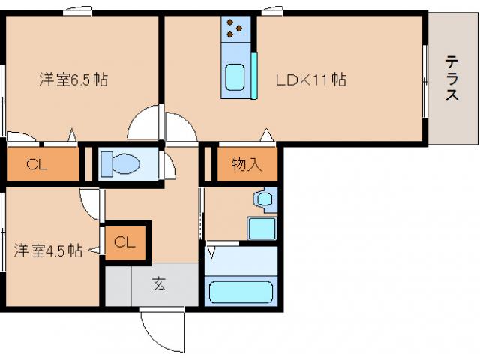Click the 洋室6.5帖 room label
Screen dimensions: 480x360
coord(73,79)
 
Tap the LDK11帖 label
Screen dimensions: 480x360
coord(311,79)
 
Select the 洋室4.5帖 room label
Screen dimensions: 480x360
coord(48,250)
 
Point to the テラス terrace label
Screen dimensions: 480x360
coord(451,78)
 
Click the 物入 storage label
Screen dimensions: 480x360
coord(247,164)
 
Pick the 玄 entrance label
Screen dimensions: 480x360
coord(159,283)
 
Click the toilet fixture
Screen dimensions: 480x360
coord(120,164)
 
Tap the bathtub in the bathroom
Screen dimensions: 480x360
coord(241,292)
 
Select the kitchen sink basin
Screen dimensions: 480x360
coord(235,77)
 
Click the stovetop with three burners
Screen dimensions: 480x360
coord(235,29)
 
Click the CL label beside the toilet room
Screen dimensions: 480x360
coord(37,164)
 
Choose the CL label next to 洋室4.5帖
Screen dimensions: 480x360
coord(124,242)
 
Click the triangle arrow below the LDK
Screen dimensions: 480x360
coord(267,135)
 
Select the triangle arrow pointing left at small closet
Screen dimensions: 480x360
coord(94,250)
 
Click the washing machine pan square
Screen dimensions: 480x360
coord(262,228)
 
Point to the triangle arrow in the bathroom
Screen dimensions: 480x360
coord(211,252)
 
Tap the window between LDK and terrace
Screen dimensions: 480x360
coord(425,81)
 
